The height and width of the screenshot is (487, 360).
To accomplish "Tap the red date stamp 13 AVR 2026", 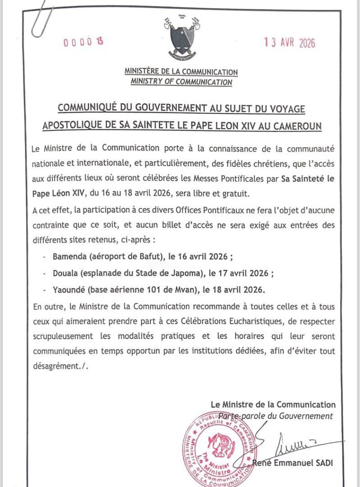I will (290, 43).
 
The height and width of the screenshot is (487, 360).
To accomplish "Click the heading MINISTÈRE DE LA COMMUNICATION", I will (181, 72).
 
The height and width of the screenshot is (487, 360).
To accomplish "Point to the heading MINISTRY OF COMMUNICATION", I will (181, 82).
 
